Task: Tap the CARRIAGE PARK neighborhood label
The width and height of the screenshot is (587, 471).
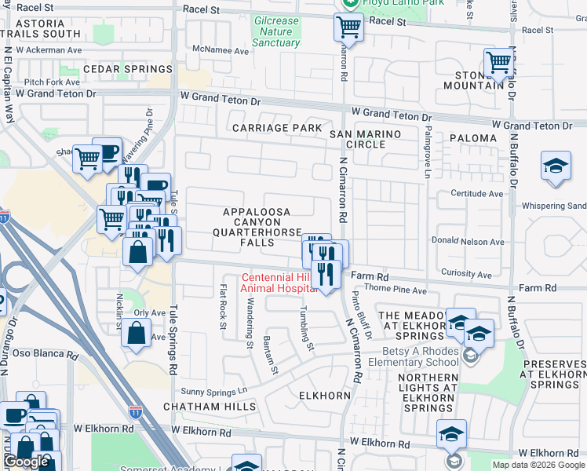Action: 276,127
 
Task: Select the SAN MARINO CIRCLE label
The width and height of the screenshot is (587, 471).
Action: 365,139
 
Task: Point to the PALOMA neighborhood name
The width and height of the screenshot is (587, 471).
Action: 473,138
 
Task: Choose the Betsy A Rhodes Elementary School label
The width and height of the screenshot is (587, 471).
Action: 420,356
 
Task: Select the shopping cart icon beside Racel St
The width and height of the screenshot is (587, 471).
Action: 348,27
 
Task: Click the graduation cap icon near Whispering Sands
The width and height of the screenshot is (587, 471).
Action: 556,166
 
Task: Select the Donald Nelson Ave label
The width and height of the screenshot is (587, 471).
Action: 467,242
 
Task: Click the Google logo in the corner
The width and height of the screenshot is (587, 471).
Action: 26,462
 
